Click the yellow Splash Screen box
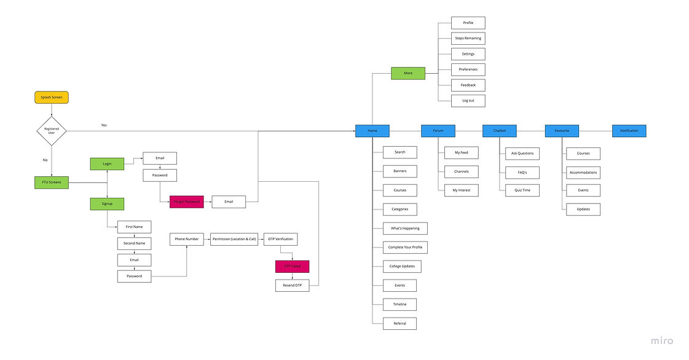(52, 97)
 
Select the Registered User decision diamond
(52, 131)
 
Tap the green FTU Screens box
(52, 182)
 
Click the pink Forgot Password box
(186, 202)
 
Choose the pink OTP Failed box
(292, 267)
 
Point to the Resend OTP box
(292, 285)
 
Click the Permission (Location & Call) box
(234, 239)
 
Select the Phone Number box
(186, 239)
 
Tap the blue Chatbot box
(499, 131)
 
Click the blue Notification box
(629, 131)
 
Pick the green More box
(408, 73)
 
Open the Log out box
(468, 100)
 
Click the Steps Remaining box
(468, 38)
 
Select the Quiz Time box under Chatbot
(522, 190)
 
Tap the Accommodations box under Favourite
(583, 172)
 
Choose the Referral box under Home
(400, 323)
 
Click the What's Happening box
(404, 229)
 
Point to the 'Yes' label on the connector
(104, 125)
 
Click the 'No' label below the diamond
(45, 160)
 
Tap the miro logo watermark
(662, 341)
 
